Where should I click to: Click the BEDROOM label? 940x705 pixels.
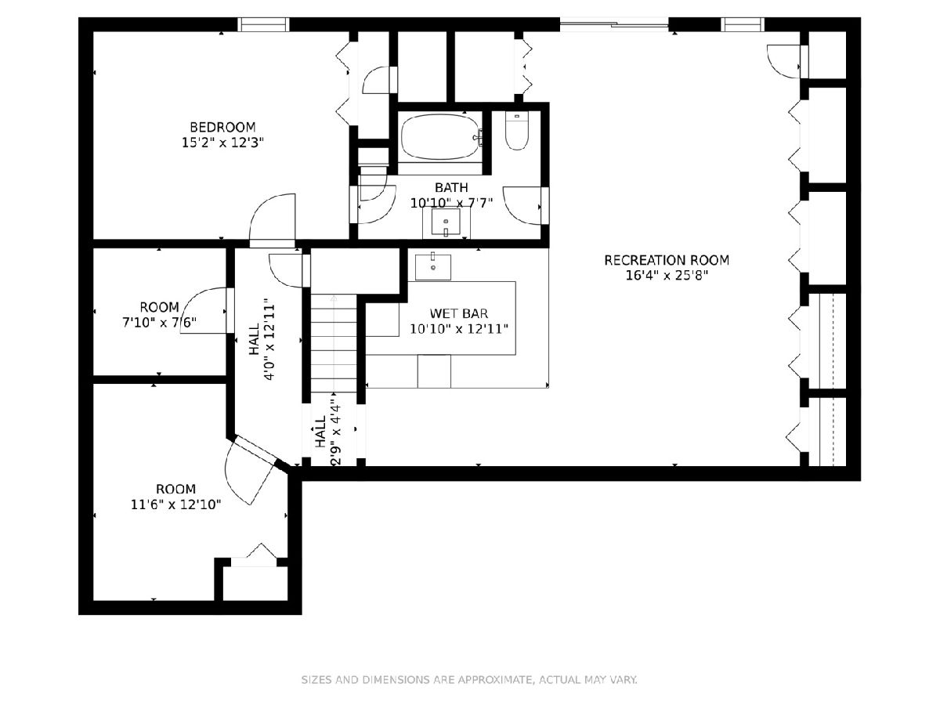[222, 127]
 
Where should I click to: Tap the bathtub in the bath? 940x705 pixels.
[441, 137]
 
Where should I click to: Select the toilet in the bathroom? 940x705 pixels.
[516, 131]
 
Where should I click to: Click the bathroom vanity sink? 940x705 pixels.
[446, 222]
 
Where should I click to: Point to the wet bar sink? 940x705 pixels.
[433, 267]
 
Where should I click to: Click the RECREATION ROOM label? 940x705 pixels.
[667, 260]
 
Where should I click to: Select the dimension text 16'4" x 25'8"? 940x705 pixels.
[667, 275]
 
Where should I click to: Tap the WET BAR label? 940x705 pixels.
[459, 313]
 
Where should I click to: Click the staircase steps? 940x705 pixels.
[334, 343]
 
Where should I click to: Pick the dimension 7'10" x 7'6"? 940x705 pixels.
[159, 322]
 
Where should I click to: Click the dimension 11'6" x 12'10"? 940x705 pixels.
[175, 504]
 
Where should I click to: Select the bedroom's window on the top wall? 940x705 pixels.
[263, 24]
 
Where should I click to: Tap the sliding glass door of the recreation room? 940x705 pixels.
[614, 24]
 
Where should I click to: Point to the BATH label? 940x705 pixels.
[451, 187]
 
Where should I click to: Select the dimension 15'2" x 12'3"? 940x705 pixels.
[222, 143]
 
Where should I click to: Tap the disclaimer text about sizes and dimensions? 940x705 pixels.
[469, 679]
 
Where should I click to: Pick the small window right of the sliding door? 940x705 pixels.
[743, 24]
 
